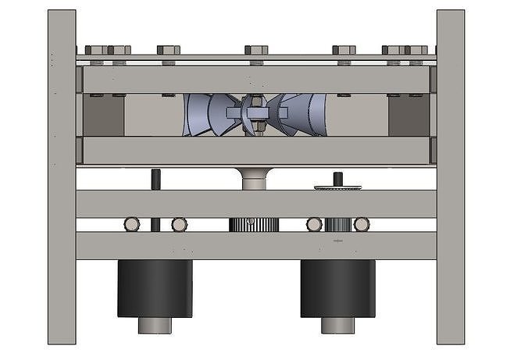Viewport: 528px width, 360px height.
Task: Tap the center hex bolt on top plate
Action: tap(256, 50)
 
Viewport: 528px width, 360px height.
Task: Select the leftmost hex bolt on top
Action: tap(96, 50)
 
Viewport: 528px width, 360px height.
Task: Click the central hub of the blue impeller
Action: tap(255, 113)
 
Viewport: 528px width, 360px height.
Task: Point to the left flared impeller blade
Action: tap(205, 115)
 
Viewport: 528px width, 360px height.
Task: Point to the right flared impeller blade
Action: tap(306, 115)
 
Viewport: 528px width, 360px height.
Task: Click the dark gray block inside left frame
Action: tap(103, 116)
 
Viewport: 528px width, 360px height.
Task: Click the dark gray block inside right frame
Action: tap(408, 116)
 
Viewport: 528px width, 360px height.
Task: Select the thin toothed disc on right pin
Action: tap(338, 187)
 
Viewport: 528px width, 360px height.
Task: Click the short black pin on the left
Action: tap(155, 179)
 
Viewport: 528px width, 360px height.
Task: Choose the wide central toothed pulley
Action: tap(254, 225)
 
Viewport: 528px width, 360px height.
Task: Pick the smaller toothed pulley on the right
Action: tap(337, 225)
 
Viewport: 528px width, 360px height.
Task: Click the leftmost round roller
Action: tap(132, 225)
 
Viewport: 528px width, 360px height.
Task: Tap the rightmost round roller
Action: tap(361, 225)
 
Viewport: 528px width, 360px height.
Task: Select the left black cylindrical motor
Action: tap(155, 288)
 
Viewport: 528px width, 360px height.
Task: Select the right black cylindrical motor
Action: tap(337, 288)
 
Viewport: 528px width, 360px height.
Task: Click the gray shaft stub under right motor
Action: tap(337, 325)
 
